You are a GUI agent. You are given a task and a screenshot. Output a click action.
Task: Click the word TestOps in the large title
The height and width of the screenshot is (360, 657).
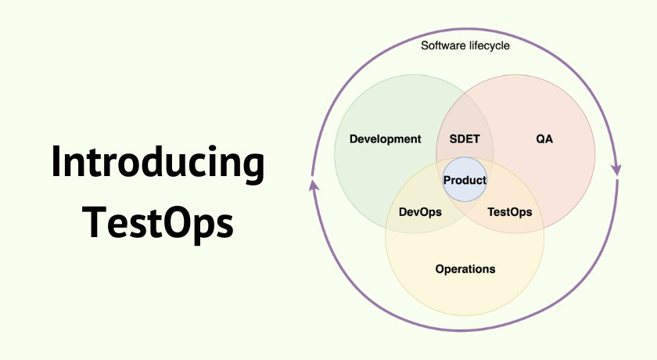157,222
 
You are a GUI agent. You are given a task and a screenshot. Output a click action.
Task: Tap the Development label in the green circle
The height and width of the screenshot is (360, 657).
385,139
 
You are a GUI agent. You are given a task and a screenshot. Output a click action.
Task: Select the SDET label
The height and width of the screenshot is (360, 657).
465,139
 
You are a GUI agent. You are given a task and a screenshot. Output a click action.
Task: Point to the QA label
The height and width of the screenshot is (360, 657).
544,139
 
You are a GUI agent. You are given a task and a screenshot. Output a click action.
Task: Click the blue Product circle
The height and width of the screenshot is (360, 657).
465,179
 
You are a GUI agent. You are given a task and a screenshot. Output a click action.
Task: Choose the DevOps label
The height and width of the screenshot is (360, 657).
420,212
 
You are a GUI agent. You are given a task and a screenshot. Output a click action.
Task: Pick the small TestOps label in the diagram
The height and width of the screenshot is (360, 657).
509,212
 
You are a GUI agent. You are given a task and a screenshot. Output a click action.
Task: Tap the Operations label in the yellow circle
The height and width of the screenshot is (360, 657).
465,269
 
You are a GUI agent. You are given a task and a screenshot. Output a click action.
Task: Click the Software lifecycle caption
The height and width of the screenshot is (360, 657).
465,45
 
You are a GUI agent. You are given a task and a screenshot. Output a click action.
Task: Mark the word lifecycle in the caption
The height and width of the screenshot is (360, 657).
490,45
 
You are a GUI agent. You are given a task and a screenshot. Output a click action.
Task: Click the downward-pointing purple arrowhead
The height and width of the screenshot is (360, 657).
616,169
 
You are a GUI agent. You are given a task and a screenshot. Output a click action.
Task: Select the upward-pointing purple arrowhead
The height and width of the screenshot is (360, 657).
314,185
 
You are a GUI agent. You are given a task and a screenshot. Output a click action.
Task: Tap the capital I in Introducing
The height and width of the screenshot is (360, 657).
56,162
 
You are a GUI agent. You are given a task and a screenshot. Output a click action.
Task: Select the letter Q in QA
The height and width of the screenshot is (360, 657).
540,139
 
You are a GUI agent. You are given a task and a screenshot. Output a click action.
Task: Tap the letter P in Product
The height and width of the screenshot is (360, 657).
447,180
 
